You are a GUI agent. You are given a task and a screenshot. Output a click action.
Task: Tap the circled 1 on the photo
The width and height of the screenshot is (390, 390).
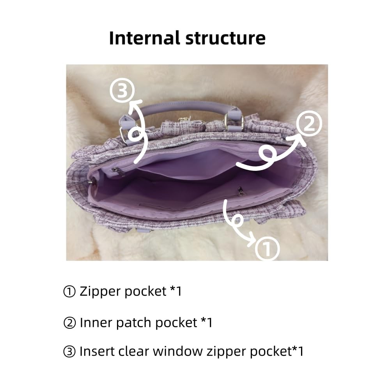(268, 248)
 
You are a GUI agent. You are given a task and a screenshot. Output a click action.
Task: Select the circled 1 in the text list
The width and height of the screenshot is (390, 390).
(69, 291)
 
